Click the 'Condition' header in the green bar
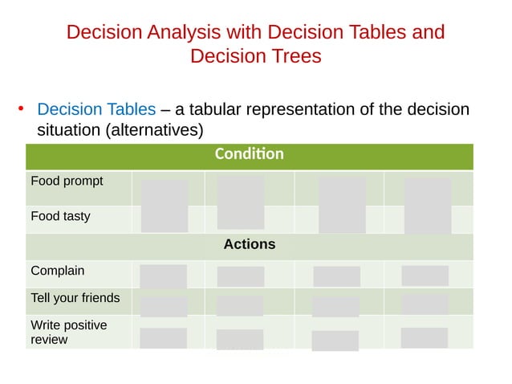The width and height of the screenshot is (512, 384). tap(249, 154)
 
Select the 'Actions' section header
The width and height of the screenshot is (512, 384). tap(249, 244)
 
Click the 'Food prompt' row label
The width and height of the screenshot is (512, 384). tap(67, 181)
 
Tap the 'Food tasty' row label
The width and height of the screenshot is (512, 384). tap(60, 216)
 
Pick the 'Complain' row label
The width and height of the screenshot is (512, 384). tap(57, 272)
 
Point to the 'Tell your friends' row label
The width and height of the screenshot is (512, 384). tap(75, 298)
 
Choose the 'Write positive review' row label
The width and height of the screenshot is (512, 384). tap(68, 332)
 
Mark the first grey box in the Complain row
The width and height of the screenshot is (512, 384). tap(164, 276)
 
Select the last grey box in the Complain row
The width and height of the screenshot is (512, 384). tap(425, 276)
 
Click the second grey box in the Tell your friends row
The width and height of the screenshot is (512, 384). tap(240, 305)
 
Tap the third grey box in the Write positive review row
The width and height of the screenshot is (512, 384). tap(335, 340)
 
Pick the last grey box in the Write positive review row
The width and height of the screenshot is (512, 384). tap(424, 337)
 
